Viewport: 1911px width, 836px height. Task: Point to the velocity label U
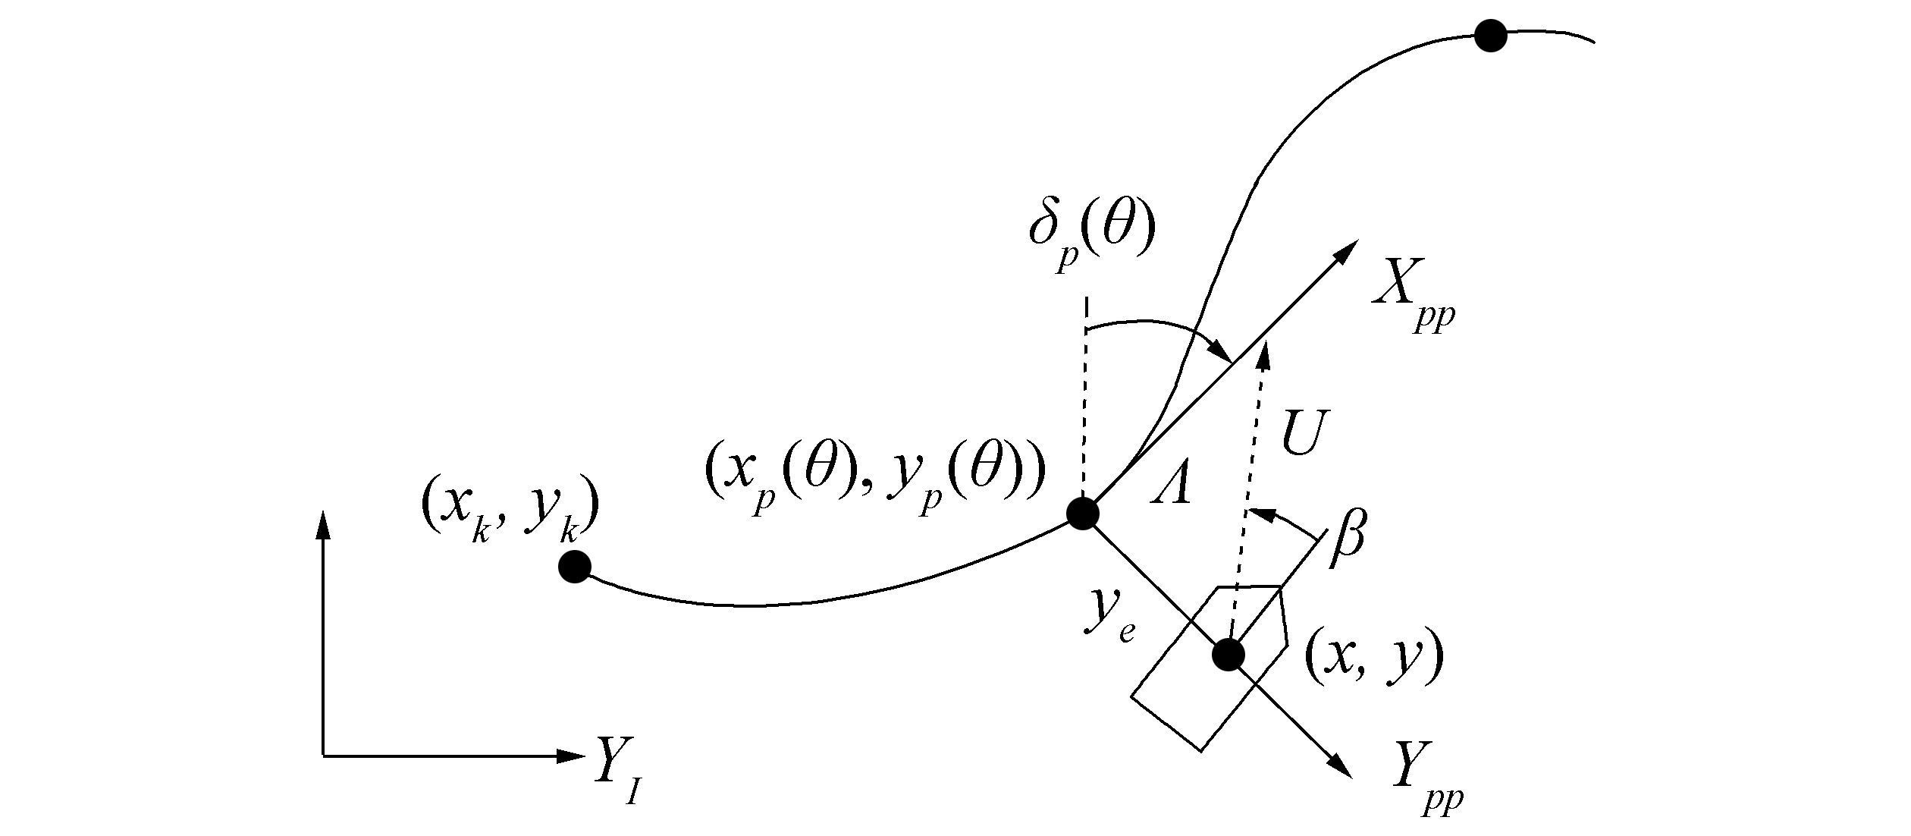pyautogui.click(x=1302, y=434)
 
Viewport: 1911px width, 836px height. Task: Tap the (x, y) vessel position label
pyautogui.click(x=1373, y=658)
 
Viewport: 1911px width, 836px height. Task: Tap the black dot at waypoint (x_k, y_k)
pyautogui.click(x=574, y=566)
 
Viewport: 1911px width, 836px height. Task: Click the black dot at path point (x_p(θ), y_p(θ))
pyautogui.click(x=1083, y=514)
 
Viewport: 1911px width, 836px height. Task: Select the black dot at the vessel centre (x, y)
pyautogui.click(x=1228, y=655)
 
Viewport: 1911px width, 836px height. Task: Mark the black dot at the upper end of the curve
pyautogui.click(x=1489, y=36)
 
